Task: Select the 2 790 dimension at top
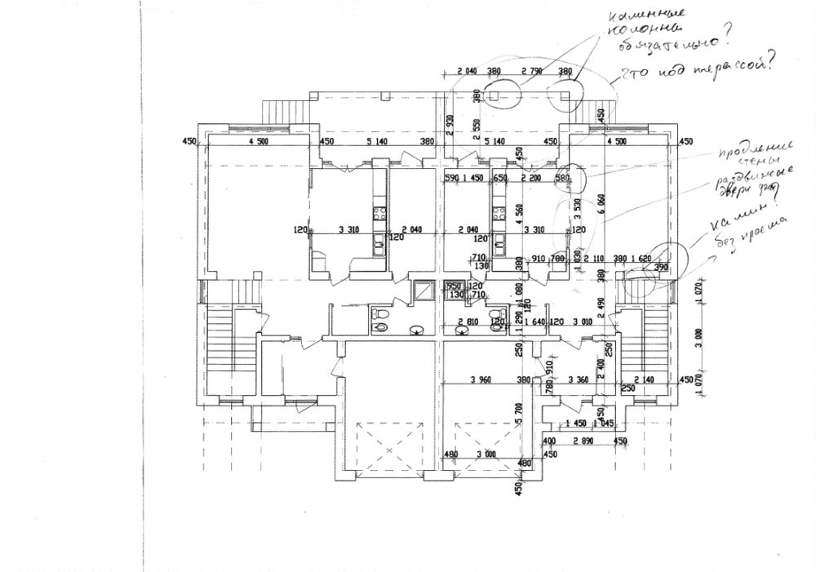point(531,72)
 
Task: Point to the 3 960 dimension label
point(485,379)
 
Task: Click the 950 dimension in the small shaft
point(454,286)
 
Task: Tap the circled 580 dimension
point(562,177)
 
